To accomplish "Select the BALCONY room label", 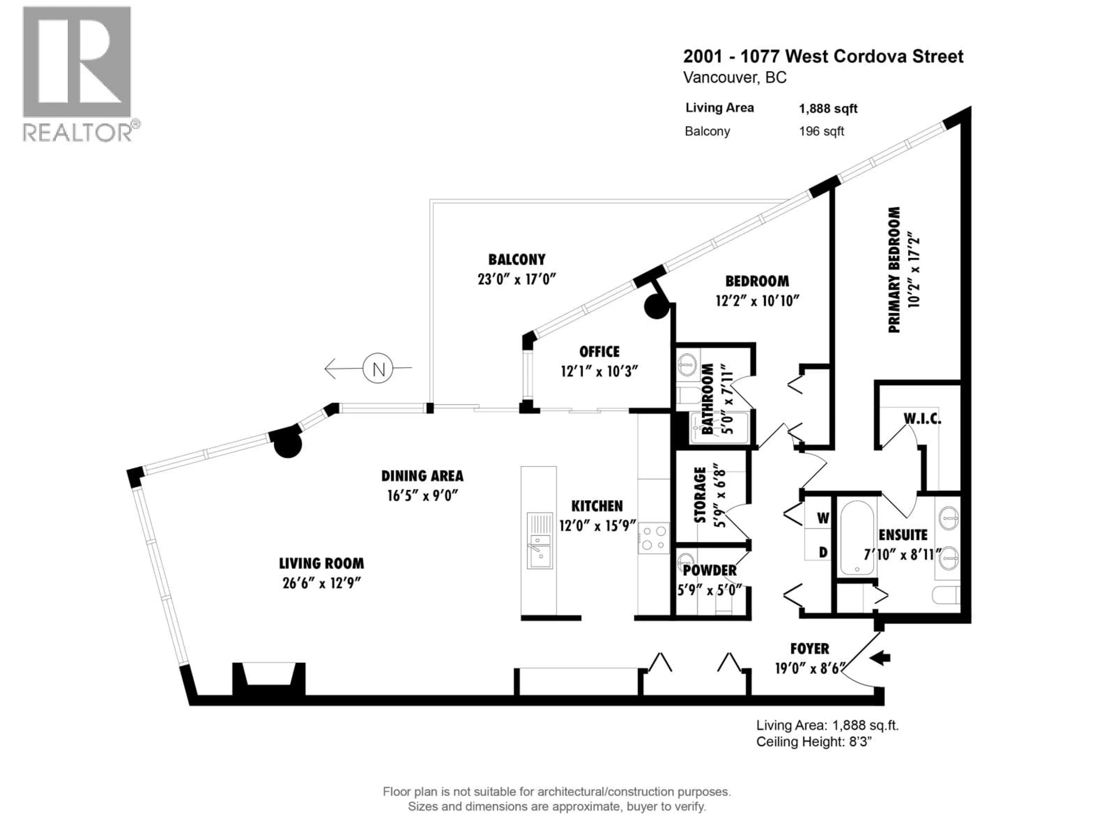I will click(x=517, y=260).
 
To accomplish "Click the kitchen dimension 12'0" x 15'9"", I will click(x=597, y=526).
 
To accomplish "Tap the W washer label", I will click(x=823, y=518).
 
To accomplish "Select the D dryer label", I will click(x=823, y=552).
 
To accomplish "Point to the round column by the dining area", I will click(x=287, y=444).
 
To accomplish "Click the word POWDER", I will click(x=709, y=570).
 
